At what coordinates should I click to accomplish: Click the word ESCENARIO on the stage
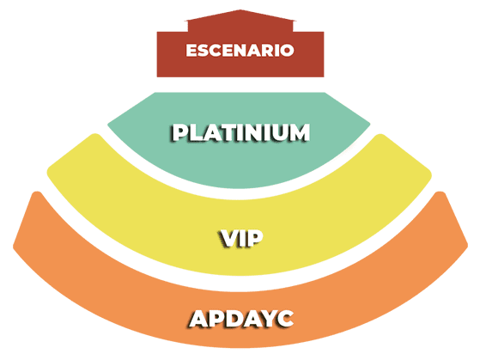[240, 50]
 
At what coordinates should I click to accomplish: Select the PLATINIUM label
[240, 132]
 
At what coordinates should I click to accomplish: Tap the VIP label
[241, 238]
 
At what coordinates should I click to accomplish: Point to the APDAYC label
[241, 319]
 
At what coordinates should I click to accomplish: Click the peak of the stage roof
[240, 9]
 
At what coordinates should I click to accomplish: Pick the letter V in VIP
[228, 238]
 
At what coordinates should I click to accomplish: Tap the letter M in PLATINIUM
[299, 132]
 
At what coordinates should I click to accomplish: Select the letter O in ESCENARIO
[288, 50]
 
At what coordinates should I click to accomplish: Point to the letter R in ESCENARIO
[268, 50]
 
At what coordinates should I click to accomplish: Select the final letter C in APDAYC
[284, 319]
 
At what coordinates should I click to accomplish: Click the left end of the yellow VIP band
[48, 172]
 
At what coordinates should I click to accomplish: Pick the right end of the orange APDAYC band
[467, 245]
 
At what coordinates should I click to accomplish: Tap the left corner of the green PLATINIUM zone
[108, 124]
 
